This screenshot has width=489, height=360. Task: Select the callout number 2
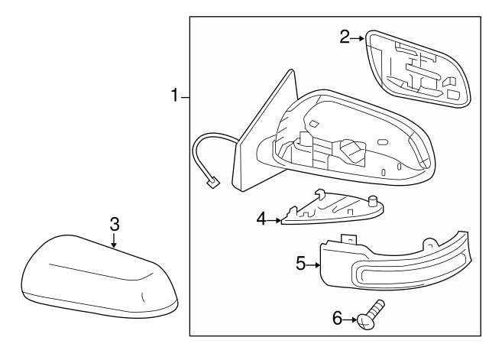[345, 36]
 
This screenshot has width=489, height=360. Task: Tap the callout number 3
[114, 224]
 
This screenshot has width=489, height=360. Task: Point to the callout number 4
[261, 219]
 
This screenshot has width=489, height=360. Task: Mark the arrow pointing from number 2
[358, 36]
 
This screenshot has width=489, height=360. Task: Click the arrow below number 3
[114, 242]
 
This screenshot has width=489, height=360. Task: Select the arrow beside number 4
[274, 219]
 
